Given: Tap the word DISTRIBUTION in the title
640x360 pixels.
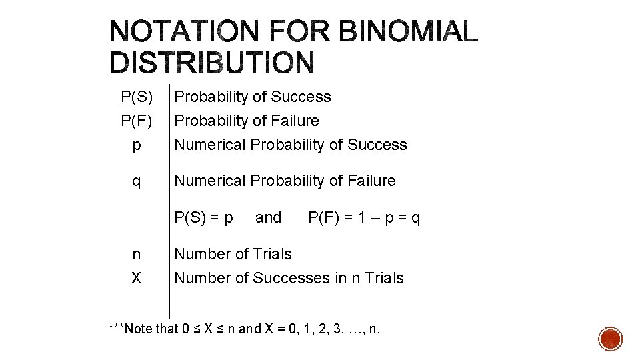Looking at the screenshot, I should [211, 63].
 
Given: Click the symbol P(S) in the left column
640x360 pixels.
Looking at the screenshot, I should [137, 97].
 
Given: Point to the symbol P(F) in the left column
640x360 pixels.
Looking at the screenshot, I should [137, 121].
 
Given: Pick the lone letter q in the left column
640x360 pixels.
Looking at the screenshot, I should [137, 182].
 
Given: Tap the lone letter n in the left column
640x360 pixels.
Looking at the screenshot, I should [137, 254].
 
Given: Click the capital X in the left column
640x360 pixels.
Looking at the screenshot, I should [137, 278].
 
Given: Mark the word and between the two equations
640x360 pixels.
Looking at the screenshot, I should [269, 217].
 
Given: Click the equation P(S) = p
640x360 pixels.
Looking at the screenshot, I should [203, 218].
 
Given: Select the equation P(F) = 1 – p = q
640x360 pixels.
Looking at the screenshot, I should [364, 218].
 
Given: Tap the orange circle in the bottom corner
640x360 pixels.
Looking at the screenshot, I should [611, 339].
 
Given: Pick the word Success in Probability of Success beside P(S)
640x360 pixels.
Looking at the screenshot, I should [304, 97].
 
